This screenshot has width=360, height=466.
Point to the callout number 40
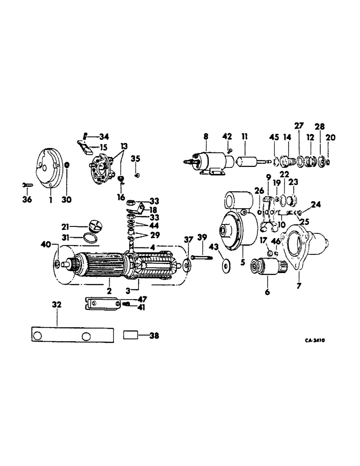pyautogui.click(x=45, y=244)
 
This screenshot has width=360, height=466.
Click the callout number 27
pyautogui.click(x=298, y=125)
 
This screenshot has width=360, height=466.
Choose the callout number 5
pyautogui.click(x=243, y=262)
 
